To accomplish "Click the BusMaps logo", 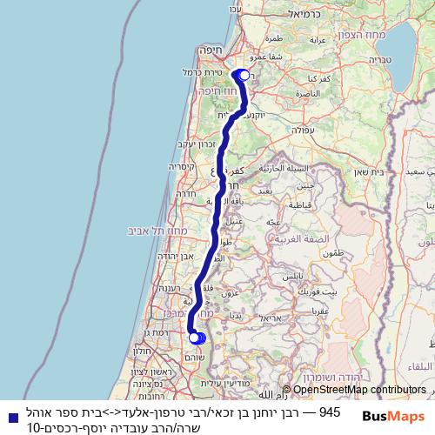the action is click(394, 416).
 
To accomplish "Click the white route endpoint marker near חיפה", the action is click(243, 75).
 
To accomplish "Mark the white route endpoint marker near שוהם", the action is click(193, 338).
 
